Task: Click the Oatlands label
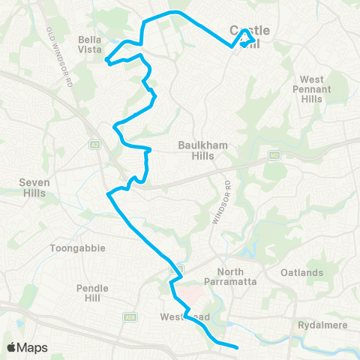[303, 272]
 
